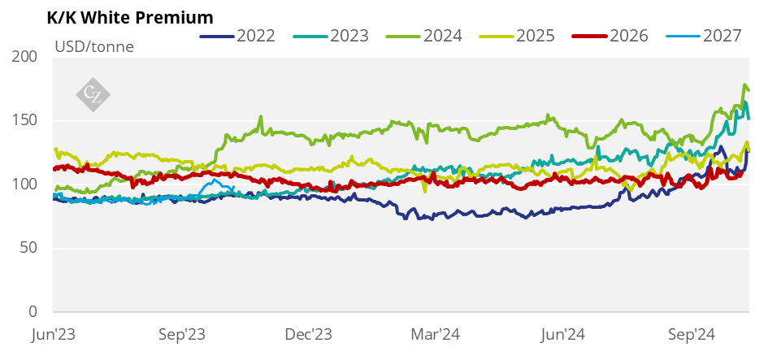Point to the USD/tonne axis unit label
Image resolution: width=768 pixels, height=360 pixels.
94,46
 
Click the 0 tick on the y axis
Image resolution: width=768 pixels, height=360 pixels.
33,311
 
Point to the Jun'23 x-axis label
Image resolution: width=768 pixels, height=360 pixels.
54,334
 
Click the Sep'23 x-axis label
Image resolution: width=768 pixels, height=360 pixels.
181,334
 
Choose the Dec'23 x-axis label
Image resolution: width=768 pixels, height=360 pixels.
310,334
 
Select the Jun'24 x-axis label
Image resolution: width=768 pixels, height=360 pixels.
564,334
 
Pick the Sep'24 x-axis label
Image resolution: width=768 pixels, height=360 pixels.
692,334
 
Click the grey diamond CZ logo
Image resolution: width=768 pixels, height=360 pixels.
93,93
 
